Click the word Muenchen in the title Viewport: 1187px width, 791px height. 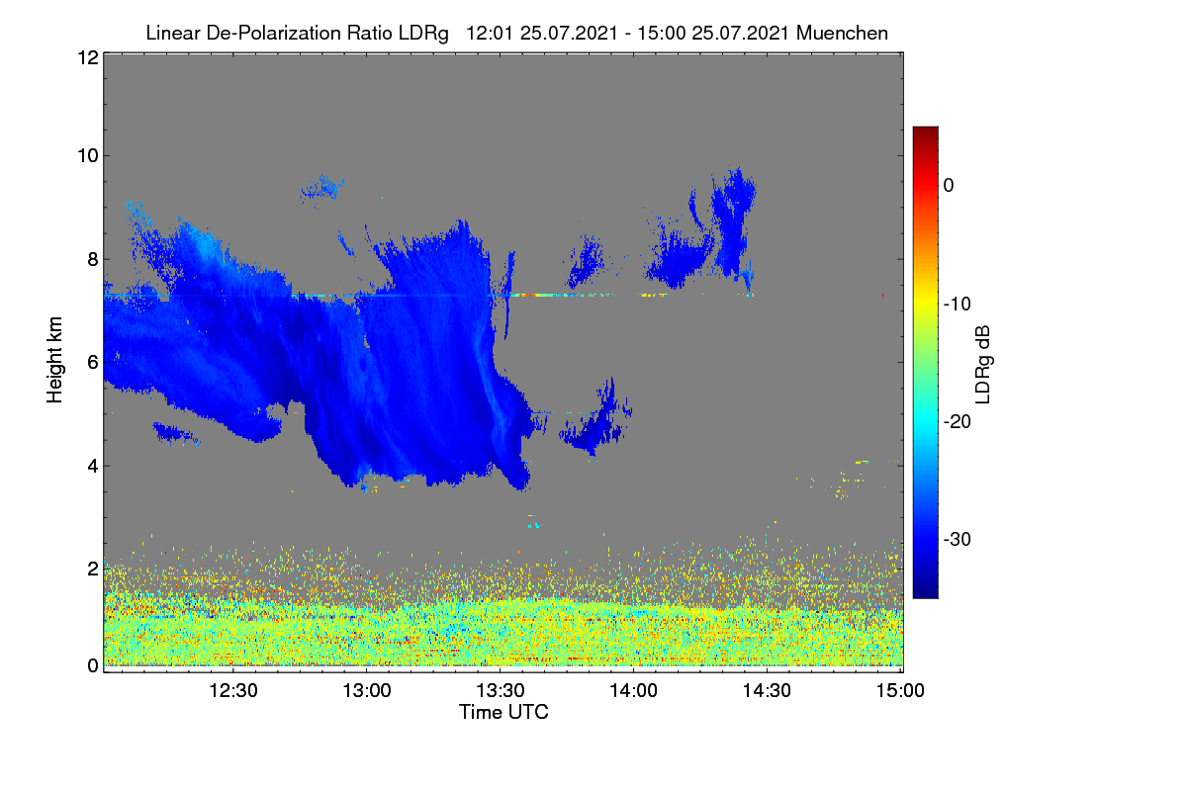pos(842,34)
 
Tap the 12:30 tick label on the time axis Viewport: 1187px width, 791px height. pos(233,690)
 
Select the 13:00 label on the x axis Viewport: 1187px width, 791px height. pos(367,690)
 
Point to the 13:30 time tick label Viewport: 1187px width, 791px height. pos(501,690)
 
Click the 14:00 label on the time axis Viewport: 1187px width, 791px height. pos(634,690)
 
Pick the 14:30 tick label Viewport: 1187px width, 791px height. pos(767,690)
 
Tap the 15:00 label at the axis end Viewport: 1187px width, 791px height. pos(900,690)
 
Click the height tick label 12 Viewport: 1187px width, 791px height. pos(88,57)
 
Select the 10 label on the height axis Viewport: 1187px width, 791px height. pos(88,156)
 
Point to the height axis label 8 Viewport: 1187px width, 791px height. pos(94,259)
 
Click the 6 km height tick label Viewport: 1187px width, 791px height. pos(94,363)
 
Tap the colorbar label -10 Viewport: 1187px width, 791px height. pos(958,305)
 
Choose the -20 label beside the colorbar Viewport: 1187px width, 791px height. pos(958,422)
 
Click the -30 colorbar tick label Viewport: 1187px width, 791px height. pos(958,539)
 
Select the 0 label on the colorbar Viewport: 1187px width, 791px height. pos(949,186)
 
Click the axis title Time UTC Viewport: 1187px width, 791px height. pos(503,712)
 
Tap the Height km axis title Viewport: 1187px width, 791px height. pos(54,360)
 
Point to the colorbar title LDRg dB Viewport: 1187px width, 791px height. pos(983,365)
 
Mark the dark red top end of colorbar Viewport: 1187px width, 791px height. pos(925,129)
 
